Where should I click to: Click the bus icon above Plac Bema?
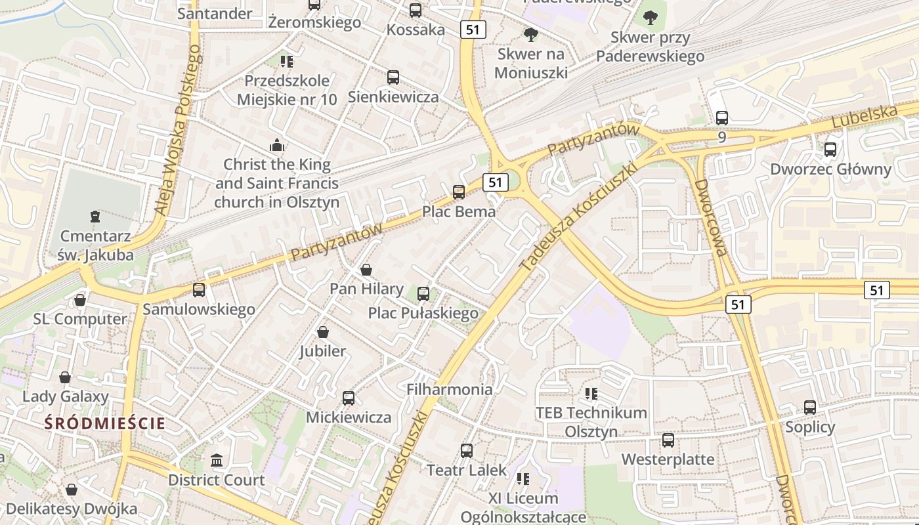click(459, 192)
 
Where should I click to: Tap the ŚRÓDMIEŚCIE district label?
click(105, 423)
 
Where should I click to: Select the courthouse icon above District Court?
click(217, 461)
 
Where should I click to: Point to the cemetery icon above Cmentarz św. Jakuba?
click(95, 216)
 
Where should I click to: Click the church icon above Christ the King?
click(277, 145)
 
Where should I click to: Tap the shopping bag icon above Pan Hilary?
click(366, 270)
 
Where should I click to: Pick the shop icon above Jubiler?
click(322, 332)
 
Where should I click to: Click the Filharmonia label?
click(450, 389)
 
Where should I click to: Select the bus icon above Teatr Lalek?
click(467, 451)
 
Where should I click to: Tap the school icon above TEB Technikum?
click(591, 394)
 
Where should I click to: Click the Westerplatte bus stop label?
click(668, 459)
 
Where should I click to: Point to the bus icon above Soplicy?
click(810, 408)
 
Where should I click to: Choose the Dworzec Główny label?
click(830, 169)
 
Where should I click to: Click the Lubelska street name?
click(864, 117)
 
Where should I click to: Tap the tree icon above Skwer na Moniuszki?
click(530, 34)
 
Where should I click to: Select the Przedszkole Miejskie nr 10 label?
click(287, 90)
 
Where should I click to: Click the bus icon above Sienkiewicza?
click(393, 77)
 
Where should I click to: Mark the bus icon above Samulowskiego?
click(199, 289)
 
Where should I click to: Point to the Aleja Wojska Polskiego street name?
click(178, 135)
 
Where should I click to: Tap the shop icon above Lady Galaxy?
click(65, 377)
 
